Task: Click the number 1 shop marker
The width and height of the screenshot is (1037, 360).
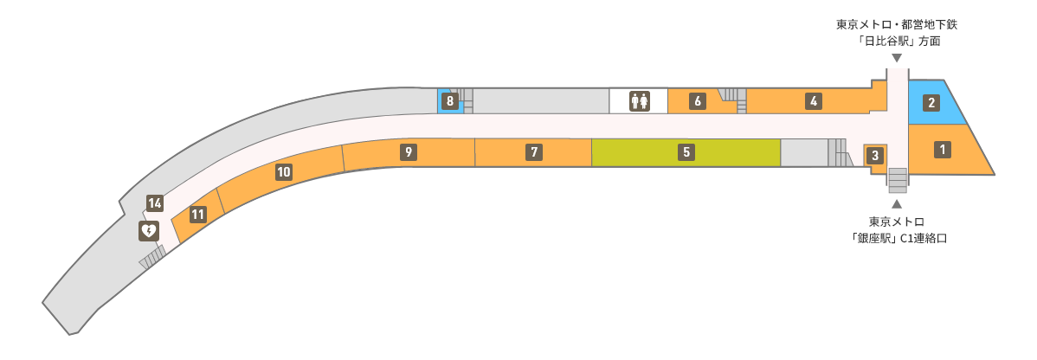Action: pyautogui.click(x=941, y=150)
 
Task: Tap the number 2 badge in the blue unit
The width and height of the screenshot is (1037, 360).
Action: pyautogui.click(x=931, y=103)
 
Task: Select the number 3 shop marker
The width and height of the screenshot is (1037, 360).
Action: pyautogui.click(x=875, y=156)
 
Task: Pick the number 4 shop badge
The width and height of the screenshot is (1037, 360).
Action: pyautogui.click(x=815, y=101)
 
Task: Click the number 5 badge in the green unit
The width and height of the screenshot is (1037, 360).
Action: pyautogui.click(x=686, y=152)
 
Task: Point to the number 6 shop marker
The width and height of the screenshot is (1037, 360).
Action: pyautogui.click(x=697, y=101)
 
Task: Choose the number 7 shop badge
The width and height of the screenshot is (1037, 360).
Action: pyautogui.click(x=534, y=152)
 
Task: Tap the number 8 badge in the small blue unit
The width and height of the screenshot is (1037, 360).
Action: pyautogui.click(x=450, y=101)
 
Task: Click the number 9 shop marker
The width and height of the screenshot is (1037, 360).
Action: pyautogui.click(x=409, y=152)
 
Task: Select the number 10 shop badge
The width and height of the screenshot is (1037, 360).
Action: pyautogui.click(x=284, y=173)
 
